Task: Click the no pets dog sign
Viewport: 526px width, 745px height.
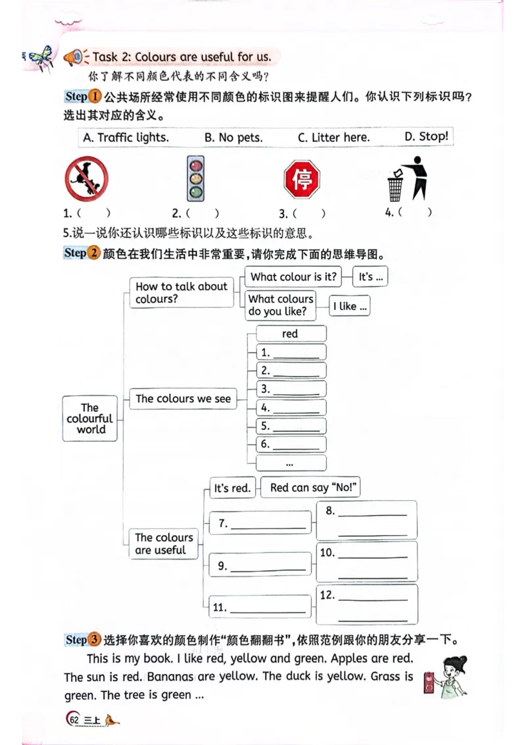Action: tap(86, 179)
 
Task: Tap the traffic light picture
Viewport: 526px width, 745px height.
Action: tap(195, 178)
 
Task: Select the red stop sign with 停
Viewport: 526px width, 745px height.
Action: tap(302, 179)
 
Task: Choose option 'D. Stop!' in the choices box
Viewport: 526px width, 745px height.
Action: tap(426, 136)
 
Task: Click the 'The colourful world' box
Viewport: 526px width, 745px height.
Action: tap(90, 419)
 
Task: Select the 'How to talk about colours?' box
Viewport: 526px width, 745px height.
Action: tap(181, 292)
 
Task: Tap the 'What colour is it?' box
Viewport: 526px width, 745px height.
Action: tap(293, 277)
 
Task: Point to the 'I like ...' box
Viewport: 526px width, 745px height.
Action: tap(350, 306)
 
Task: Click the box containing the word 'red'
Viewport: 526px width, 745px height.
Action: tap(290, 334)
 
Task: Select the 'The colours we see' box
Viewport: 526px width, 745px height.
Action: tap(183, 399)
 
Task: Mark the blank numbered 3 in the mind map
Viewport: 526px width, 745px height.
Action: tap(291, 389)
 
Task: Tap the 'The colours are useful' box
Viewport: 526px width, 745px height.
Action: tap(164, 544)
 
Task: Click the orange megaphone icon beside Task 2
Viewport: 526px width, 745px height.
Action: tap(74, 58)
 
